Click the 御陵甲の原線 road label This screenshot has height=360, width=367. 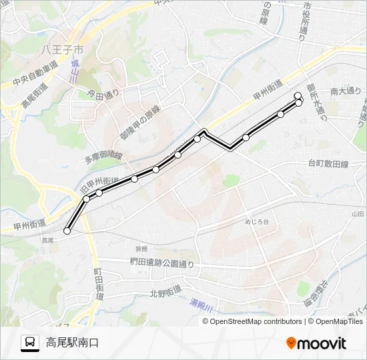(x=141, y=123)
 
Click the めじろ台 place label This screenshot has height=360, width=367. (x=257, y=221)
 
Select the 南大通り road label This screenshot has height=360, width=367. (x=345, y=91)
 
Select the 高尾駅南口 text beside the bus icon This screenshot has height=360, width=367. (x=72, y=343)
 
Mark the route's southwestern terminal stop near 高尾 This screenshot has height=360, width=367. (x=67, y=231)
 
